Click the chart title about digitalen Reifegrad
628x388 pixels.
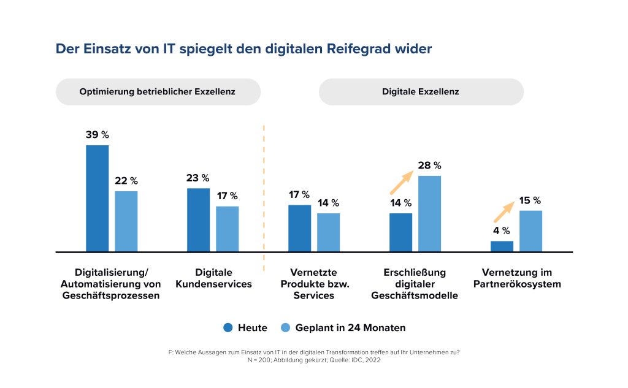coord(243,49)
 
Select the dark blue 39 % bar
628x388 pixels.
coord(97,198)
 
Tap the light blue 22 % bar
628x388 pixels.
coord(126,221)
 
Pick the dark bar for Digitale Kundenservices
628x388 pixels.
coord(198,219)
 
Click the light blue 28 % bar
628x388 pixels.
coord(429,213)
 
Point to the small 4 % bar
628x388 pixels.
coord(502,246)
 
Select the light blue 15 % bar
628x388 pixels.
coord(530,230)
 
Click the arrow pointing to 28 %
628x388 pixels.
coord(400,182)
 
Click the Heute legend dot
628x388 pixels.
coord(228,328)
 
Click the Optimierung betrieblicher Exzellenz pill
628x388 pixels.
coord(158,92)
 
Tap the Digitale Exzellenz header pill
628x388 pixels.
coord(421,92)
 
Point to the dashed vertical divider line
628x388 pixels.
coord(264,196)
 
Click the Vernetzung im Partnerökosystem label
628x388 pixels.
coord(516,278)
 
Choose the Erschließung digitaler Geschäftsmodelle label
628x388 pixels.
coord(415,284)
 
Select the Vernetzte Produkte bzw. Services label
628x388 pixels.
coord(314,284)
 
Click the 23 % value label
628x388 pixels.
coord(197,178)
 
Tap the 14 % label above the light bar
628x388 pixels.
coord(328,203)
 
